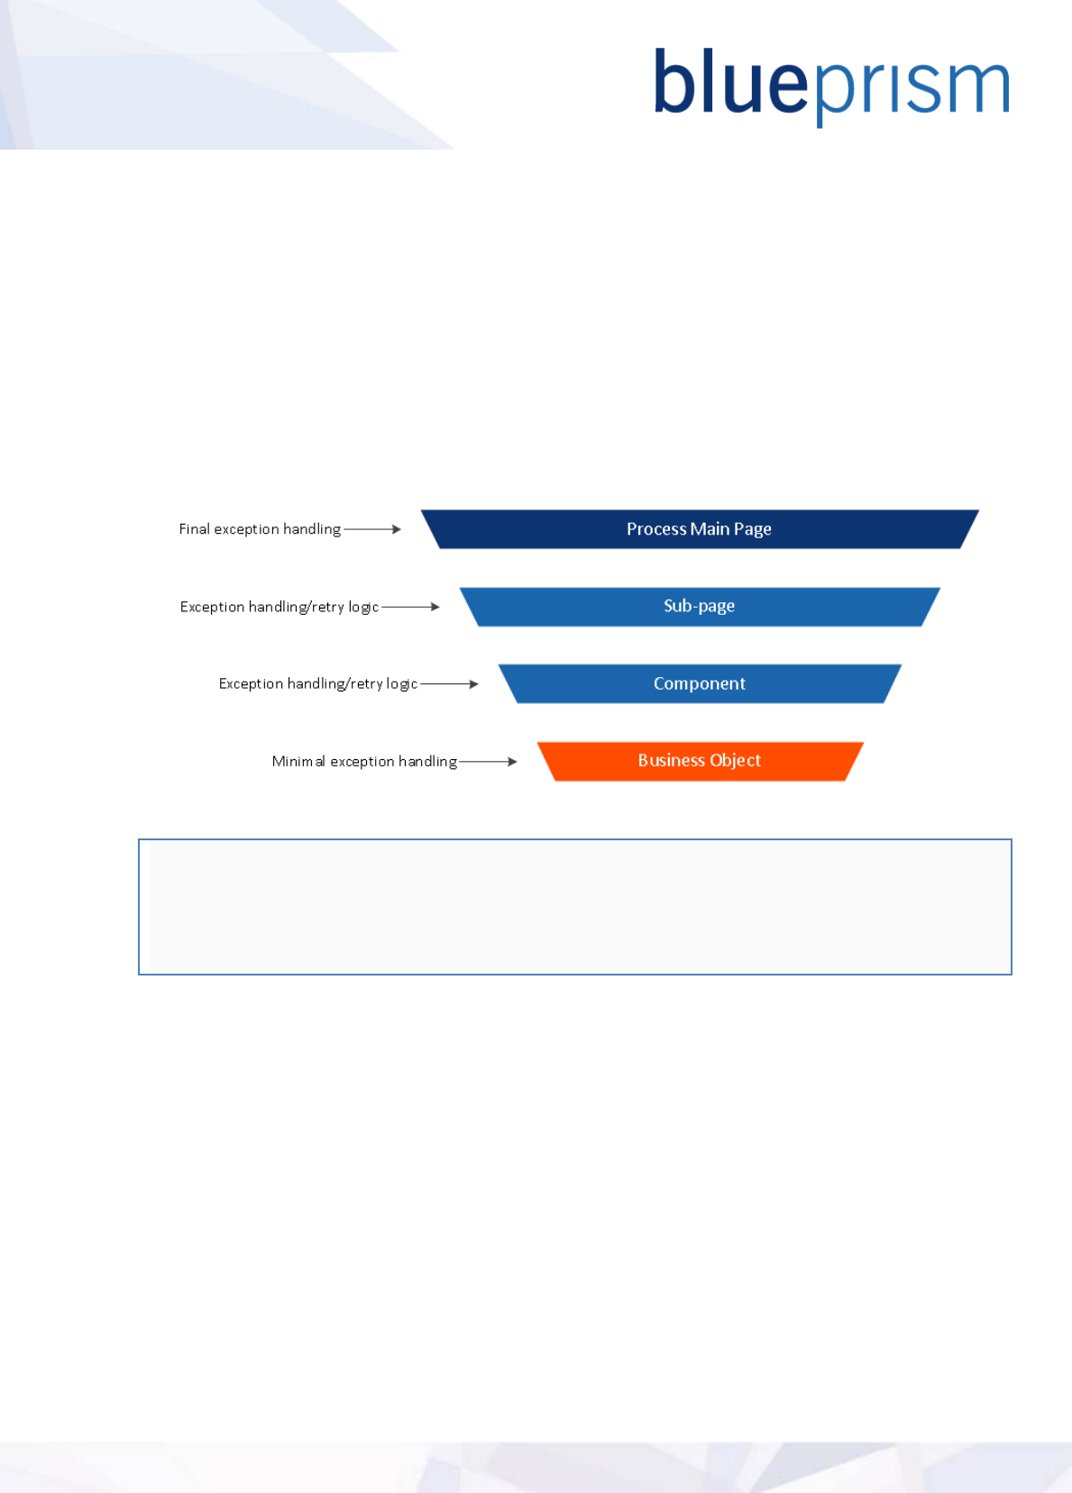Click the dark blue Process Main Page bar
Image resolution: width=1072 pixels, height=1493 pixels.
pyautogui.click(x=700, y=529)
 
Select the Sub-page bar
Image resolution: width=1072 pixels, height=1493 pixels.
pyautogui.click(x=700, y=607)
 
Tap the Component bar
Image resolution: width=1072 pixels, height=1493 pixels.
pyautogui.click(x=700, y=684)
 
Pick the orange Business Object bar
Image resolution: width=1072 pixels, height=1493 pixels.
pyautogui.click(x=700, y=761)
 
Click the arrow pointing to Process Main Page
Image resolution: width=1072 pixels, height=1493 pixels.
pyautogui.click(x=372, y=529)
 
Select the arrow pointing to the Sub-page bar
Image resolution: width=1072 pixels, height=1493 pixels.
pyautogui.click(x=411, y=607)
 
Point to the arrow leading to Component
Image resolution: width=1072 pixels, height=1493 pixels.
pyautogui.click(x=450, y=684)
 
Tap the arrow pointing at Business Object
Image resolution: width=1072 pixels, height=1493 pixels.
pyautogui.click(x=488, y=762)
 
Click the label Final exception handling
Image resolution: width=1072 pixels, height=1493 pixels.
pyautogui.click(x=260, y=529)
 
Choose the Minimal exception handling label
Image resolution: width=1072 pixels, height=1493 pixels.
pyautogui.click(x=364, y=762)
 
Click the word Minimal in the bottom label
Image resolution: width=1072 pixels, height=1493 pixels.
pyautogui.click(x=298, y=762)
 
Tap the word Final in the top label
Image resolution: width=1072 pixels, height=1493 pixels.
pyautogui.click(x=194, y=529)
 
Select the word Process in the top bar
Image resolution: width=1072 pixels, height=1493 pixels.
pyautogui.click(x=656, y=529)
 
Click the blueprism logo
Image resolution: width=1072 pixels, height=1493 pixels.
pyautogui.click(x=830, y=86)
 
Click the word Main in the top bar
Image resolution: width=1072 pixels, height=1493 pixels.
pyautogui.click(x=710, y=529)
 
